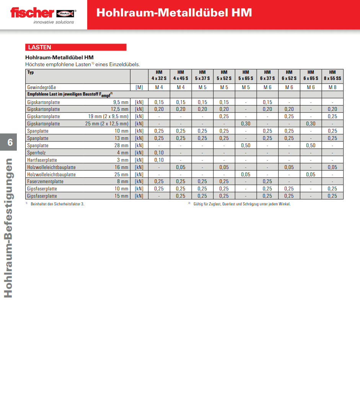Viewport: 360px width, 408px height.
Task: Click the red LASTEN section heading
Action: [39, 47]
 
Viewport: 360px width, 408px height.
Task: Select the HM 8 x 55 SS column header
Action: [332, 75]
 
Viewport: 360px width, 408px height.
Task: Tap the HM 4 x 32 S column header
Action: [159, 75]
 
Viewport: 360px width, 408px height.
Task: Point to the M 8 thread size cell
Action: [332, 87]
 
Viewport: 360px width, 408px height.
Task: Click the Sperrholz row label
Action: [36, 153]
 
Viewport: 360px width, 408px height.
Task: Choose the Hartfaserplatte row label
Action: [42, 160]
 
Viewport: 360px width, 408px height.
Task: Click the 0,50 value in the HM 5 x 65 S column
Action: [246, 145]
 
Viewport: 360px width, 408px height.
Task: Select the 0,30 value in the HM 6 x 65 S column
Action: [311, 124]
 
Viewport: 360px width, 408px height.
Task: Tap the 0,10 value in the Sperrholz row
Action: [159, 153]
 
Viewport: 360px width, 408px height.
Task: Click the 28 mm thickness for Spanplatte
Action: [122, 145]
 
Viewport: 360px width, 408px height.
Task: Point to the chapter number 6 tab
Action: [10, 143]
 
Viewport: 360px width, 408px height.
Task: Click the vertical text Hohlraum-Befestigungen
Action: [8, 228]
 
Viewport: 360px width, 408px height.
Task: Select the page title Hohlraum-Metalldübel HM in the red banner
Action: [174, 13]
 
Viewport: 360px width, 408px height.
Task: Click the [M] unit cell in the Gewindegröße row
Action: [139, 87]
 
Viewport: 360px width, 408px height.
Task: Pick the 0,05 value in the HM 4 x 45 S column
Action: [181, 167]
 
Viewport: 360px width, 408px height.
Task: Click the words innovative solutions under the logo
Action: [54, 22]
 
